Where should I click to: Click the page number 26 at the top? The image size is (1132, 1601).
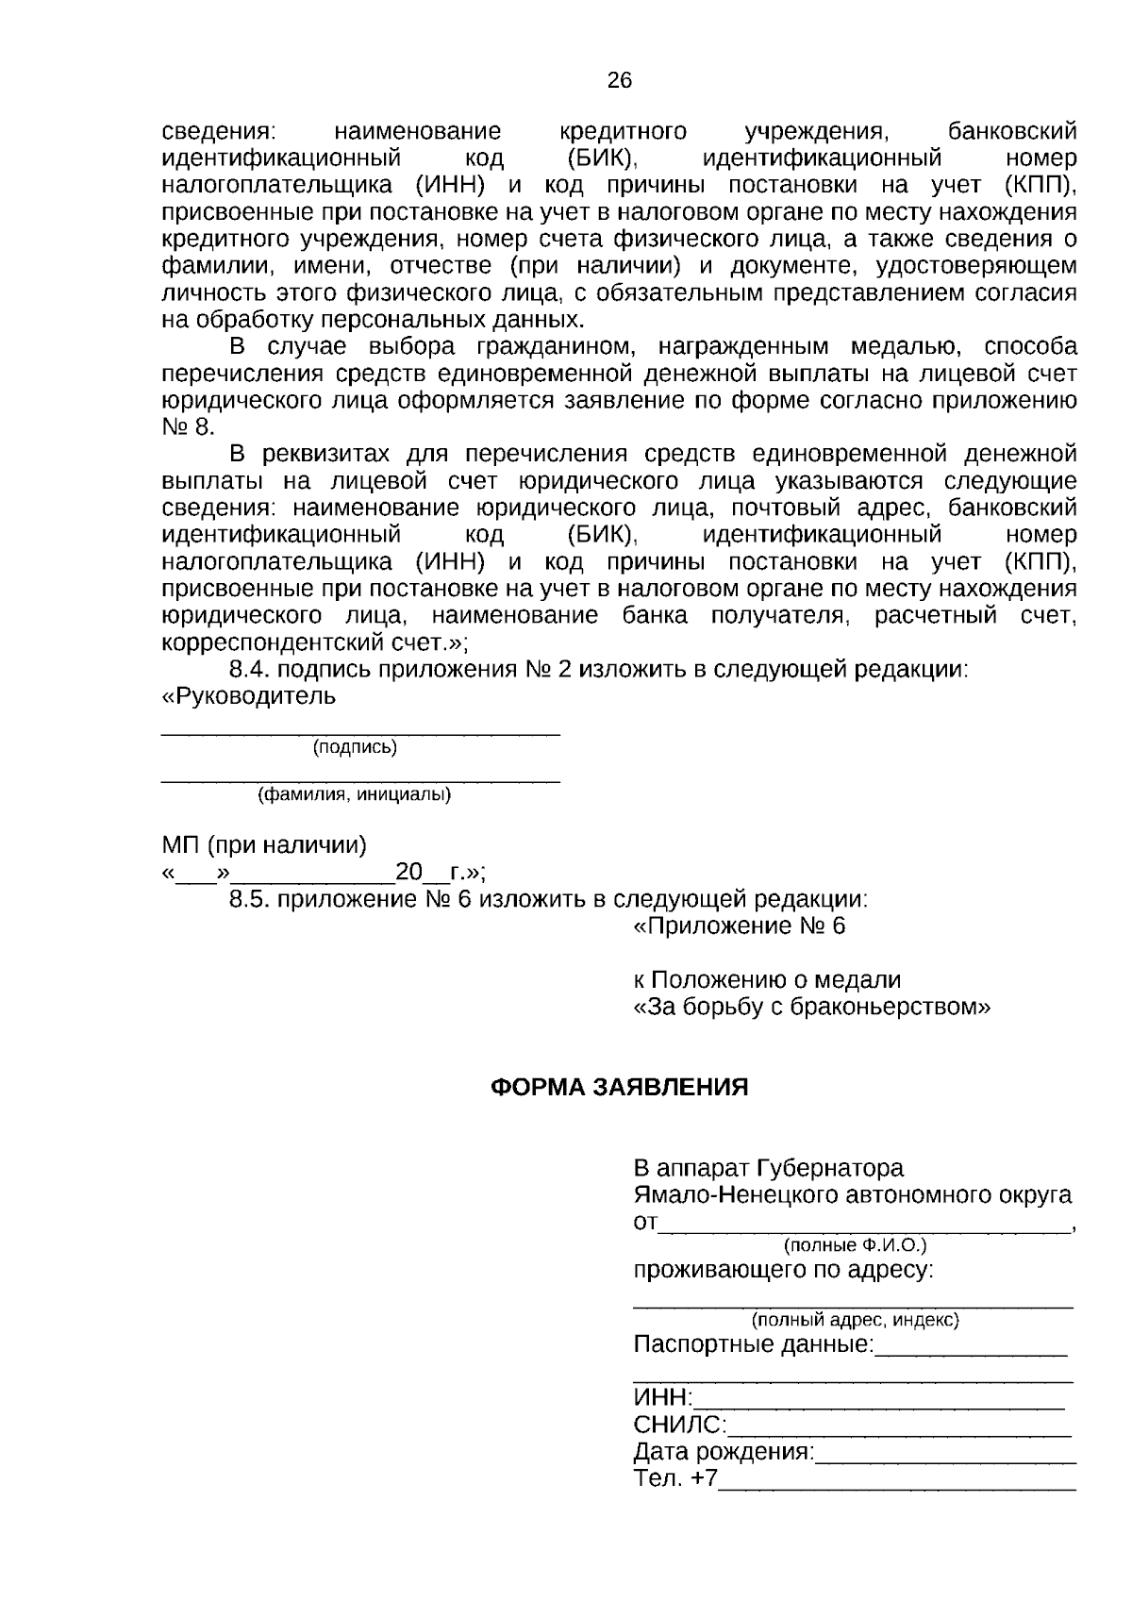pos(619,80)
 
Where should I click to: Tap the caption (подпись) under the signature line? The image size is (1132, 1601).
pos(355,747)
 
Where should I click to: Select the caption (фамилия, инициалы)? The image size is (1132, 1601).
pos(355,794)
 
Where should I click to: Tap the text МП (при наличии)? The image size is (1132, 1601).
pos(264,844)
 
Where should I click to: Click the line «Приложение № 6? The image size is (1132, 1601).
pos(739,926)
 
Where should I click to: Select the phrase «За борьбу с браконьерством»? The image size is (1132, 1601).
pos(811,1007)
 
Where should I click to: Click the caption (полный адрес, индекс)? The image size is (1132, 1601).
pos(855,1319)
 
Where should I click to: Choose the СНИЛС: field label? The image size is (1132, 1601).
pos(679,1425)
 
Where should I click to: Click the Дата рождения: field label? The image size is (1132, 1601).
pos(724,1451)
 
